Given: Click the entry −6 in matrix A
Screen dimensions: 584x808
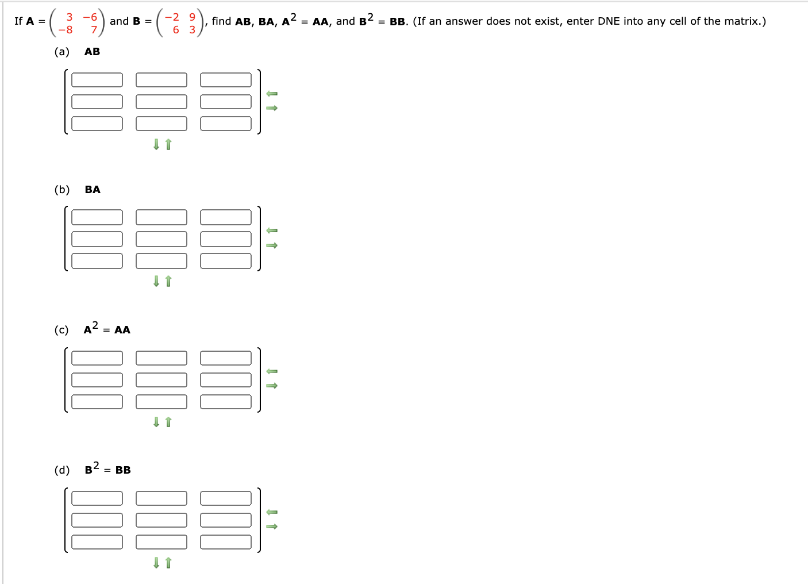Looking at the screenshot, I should pyautogui.click(x=90, y=17).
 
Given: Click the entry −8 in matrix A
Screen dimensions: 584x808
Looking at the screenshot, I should pyautogui.click(x=66, y=30).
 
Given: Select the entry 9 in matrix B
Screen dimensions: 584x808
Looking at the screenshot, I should pyautogui.click(x=192, y=17).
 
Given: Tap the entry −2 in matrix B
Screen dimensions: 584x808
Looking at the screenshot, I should pyautogui.click(x=172, y=17).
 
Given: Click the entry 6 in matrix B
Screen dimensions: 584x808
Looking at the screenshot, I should pyautogui.click(x=176, y=30).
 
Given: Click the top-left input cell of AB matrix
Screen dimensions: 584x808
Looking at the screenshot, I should pyautogui.click(x=97, y=80).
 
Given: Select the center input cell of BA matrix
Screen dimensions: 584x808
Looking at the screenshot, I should pyautogui.click(x=161, y=239).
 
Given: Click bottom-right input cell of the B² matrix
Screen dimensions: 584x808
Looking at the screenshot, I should pyautogui.click(x=226, y=542).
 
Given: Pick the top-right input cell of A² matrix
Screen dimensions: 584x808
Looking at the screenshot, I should pyautogui.click(x=226, y=358).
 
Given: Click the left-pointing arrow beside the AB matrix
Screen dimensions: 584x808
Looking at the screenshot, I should pyautogui.click(x=272, y=94).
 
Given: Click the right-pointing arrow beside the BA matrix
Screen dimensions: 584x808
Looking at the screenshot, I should pyautogui.click(x=272, y=245).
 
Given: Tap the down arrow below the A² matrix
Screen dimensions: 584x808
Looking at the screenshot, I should pyautogui.click(x=156, y=422).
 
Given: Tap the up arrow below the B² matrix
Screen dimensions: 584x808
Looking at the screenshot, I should pyautogui.click(x=168, y=563).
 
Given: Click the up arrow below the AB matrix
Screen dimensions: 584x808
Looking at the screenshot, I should pyautogui.click(x=168, y=144).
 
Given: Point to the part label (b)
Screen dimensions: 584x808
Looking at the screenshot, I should pyautogui.click(x=62, y=190).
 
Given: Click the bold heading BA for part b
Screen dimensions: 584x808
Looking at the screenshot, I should pyautogui.click(x=93, y=190).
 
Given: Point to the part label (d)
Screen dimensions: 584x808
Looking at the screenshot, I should pyautogui.click(x=62, y=470).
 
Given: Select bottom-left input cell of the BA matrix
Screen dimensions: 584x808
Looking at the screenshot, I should pyautogui.click(x=97, y=261).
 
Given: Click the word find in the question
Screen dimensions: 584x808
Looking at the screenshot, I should pyautogui.click(x=221, y=21).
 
